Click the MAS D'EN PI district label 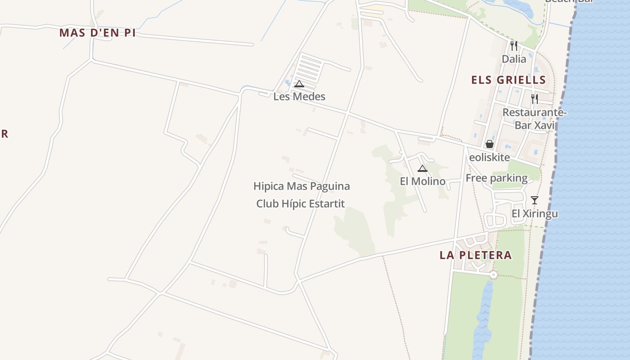[97, 33]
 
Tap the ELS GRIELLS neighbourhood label [508, 80]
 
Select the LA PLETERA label [476, 255]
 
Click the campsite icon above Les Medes [299, 84]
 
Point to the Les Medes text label [299, 96]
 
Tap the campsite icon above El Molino [422, 168]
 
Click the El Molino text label [423, 181]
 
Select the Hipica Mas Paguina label [301, 186]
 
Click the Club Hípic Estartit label [301, 203]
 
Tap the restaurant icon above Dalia [513, 45]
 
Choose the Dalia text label [514, 59]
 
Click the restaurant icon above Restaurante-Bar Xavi [534, 99]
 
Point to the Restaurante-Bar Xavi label [534, 119]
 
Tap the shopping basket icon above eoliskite [489, 144]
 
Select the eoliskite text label [490, 157]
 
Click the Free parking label [496, 178]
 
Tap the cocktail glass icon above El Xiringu [534, 200]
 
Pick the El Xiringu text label [535, 213]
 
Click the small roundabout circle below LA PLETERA [494, 274]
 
